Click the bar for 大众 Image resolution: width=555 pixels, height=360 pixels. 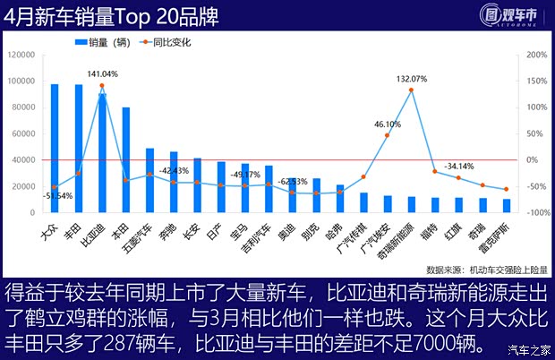point(55,149)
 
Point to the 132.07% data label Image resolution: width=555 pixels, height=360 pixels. point(411,78)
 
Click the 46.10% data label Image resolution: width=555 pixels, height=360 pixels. point(387,124)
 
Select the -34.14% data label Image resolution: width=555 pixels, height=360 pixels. point(459,166)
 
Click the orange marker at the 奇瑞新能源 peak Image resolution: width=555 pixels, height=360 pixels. point(411,90)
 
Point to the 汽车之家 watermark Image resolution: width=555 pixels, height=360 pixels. point(528,349)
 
